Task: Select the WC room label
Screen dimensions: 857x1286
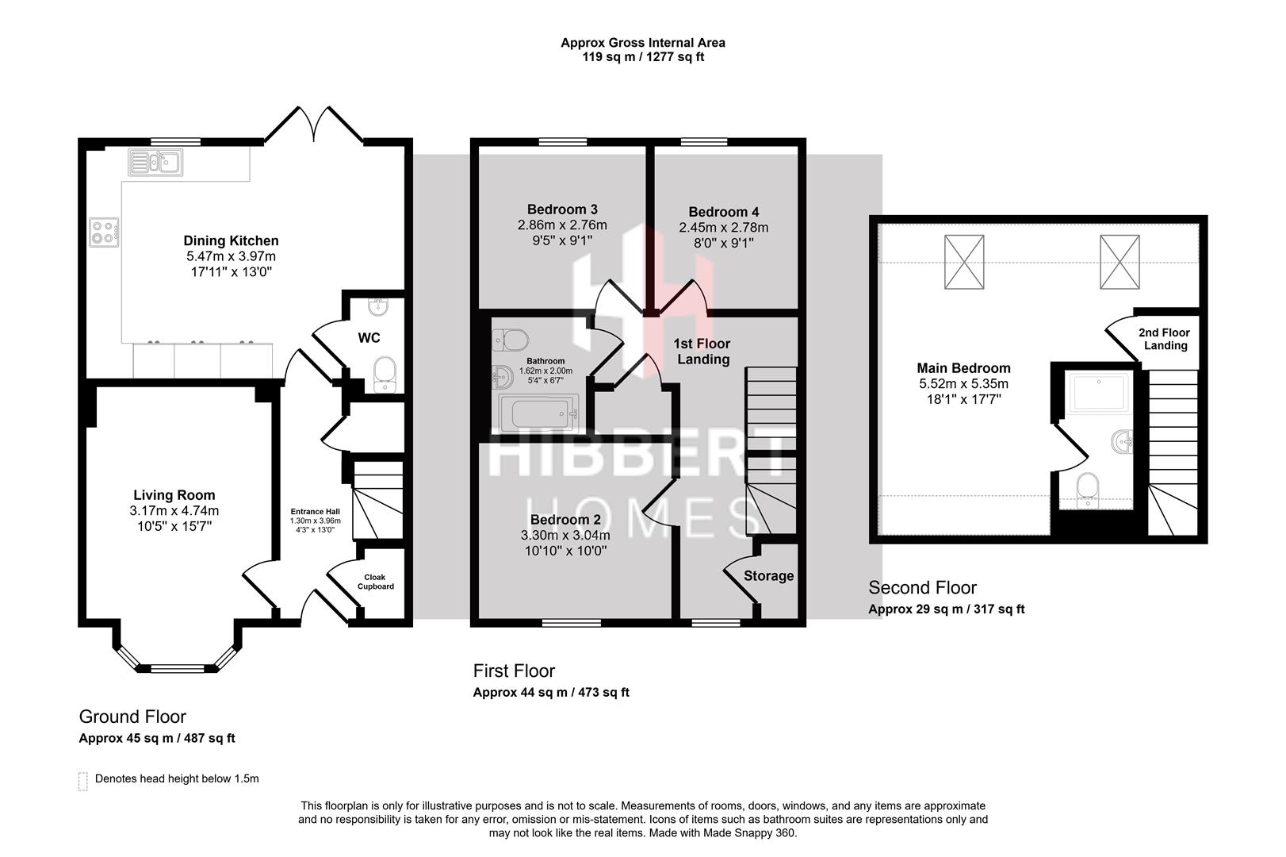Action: coord(369,338)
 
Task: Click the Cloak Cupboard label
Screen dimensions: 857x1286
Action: coord(375,582)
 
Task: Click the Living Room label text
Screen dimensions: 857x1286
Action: coord(174,495)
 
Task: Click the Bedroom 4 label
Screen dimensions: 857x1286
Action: coord(723,212)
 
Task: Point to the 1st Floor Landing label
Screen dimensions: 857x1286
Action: coord(702,352)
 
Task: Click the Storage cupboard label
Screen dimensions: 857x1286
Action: coord(768,576)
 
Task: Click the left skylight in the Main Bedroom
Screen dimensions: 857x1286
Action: coord(964,261)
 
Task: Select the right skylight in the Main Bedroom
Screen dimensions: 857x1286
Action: coord(1120,261)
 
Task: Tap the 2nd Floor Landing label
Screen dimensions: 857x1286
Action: coord(1165,339)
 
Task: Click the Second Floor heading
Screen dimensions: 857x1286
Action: coord(922,588)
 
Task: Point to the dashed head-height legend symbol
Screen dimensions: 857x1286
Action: coord(83,781)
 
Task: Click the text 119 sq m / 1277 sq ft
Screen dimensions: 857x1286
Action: coord(642,57)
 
